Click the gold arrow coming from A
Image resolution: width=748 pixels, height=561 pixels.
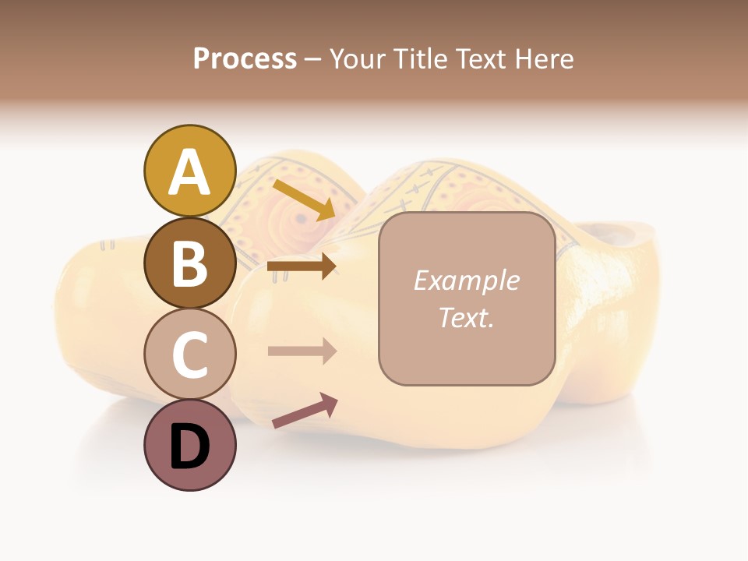[304, 199]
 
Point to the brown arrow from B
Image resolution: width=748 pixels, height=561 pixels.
[302, 266]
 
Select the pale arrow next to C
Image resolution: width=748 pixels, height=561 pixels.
[302, 351]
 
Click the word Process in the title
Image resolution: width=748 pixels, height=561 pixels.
[245, 58]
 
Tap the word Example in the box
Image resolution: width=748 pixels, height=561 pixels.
[466, 280]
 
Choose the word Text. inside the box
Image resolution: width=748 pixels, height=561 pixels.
[466, 318]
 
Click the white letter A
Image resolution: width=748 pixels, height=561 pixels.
[189, 172]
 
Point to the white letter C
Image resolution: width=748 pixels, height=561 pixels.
[189, 355]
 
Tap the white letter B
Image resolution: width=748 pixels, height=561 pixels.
[189, 264]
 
